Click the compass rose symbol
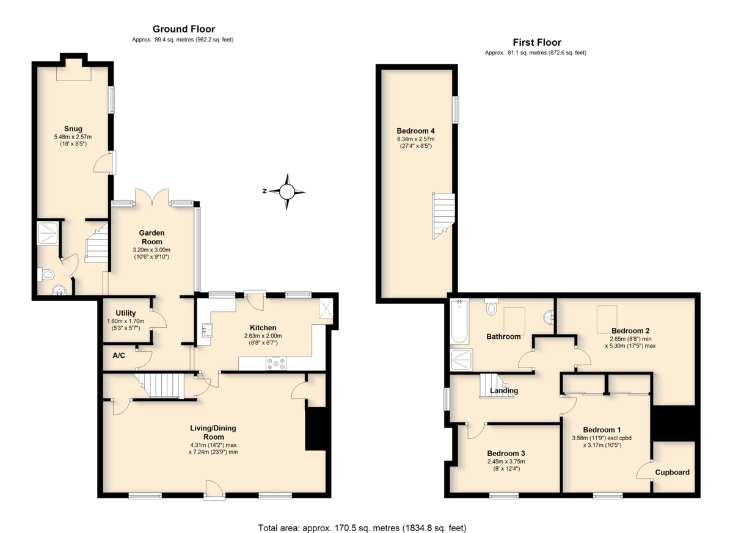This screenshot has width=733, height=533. [287, 192]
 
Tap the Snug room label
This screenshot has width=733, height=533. [73, 128]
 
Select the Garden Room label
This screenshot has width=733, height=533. [151, 237]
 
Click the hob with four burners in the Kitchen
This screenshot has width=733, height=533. [276, 363]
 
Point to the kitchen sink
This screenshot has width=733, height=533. [207, 329]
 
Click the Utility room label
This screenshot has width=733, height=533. [126, 313]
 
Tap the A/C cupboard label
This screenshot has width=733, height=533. [119, 355]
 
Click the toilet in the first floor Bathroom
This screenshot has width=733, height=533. [491, 306]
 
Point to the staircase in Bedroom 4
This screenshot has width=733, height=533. [443, 216]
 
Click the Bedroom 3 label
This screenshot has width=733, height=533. [506, 453]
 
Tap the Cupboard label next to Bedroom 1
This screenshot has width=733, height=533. [672, 472]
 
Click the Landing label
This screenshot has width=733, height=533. [504, 390]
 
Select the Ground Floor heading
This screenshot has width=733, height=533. [184, 29]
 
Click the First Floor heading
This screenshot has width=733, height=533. [537, 42]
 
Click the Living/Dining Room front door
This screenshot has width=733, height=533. [214, 490]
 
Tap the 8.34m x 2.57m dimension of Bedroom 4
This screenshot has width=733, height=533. [415, 139]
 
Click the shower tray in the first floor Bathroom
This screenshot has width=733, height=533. [461, 360]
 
